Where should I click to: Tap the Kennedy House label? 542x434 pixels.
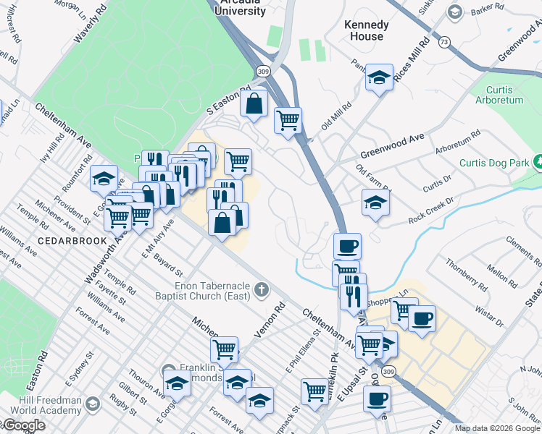click(366, 30)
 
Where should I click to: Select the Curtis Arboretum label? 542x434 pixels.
click(504, 95)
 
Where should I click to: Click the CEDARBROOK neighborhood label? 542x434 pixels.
click(62, 240)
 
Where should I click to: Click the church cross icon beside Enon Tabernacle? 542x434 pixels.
click(262, 291)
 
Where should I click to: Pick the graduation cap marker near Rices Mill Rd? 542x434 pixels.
click(378, 78)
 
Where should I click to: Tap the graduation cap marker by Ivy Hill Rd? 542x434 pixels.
click(104, 179)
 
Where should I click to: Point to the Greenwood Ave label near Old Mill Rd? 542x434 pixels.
click(392, 145)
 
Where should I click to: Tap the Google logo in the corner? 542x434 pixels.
click(23, 426)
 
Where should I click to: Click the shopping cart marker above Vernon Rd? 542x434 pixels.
click(224, 349)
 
